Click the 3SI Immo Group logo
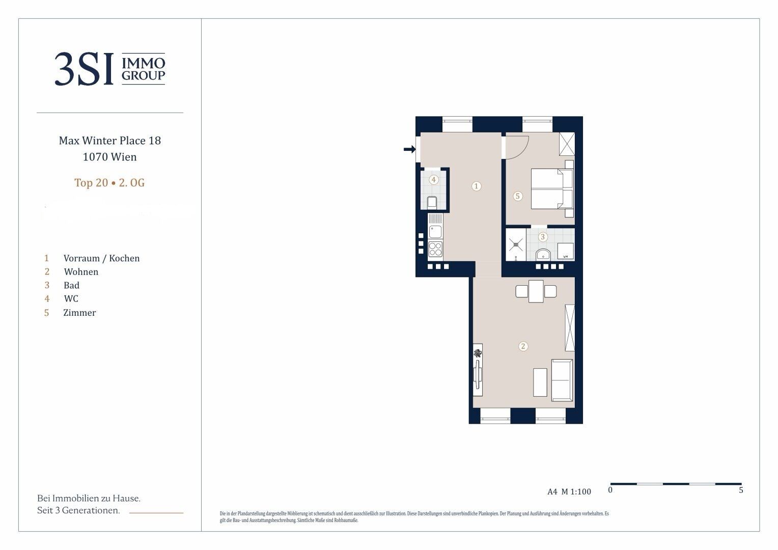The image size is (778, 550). click(110, 69)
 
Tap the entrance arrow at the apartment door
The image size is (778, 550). click(409, 149)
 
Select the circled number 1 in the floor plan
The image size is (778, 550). click(476, 186)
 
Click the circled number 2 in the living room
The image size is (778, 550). click(523, 346)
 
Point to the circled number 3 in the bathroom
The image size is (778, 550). click(543, 237)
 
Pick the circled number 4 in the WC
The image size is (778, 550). click(433, 180)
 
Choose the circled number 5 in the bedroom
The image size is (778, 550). click(517, 196)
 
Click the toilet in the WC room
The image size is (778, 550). click(432, 203)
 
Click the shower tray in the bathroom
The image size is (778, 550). click(516, 244)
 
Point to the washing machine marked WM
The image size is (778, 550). click(566, 252)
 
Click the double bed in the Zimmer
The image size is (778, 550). click(551, 189)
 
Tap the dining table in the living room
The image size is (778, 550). click(536, 291)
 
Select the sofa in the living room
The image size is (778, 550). click(562, 380)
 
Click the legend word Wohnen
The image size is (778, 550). click(81, 272)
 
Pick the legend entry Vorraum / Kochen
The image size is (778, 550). click(101, 258)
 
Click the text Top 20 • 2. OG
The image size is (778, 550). click(109, 183)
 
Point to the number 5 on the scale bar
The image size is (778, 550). click(741, 490)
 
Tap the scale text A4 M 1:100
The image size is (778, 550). click(569, 491)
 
